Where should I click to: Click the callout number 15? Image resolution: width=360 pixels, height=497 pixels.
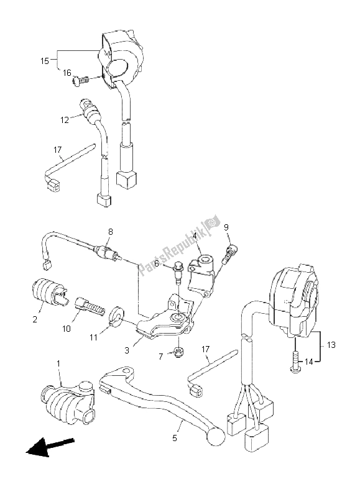click(45, 61)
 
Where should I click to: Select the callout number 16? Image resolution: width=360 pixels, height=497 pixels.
click(67, 73)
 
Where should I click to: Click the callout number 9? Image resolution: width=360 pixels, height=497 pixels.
click(226, 227)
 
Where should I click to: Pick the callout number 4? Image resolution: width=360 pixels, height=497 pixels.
click(195, 236)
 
